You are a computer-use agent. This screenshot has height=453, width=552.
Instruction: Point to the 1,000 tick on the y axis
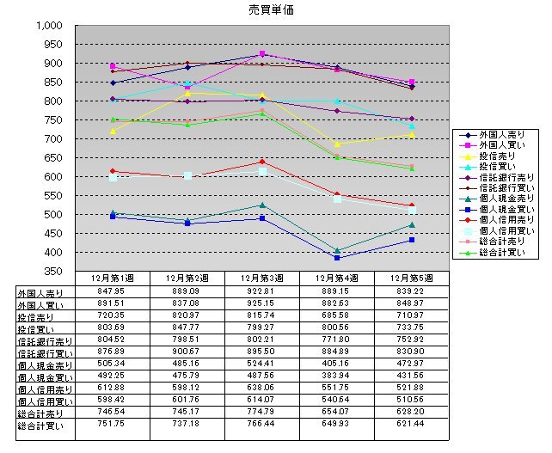(50, 26)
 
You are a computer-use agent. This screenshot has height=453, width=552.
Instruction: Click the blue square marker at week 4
(337, 258)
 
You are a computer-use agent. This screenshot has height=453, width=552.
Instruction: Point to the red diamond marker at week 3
(262, 162)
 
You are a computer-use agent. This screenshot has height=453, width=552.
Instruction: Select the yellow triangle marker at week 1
(113, 131)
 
